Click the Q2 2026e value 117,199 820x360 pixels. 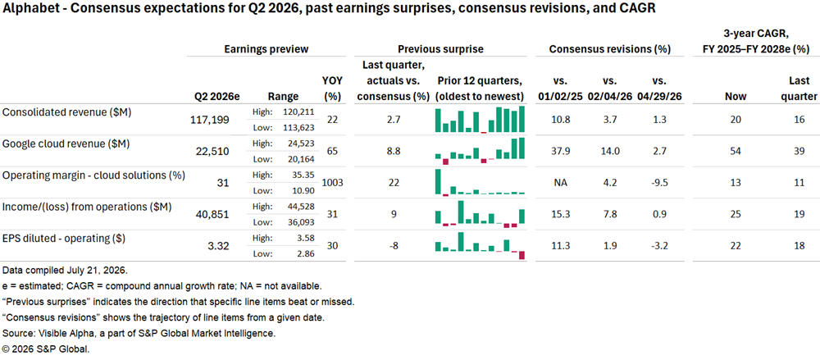212,121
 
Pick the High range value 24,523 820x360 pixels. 299,143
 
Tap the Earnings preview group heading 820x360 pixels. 266,49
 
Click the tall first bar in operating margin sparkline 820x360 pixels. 437,181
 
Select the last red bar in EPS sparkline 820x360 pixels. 522,255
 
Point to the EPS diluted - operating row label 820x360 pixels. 63,238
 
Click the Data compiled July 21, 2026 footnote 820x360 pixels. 66,271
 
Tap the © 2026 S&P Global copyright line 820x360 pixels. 44,349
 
